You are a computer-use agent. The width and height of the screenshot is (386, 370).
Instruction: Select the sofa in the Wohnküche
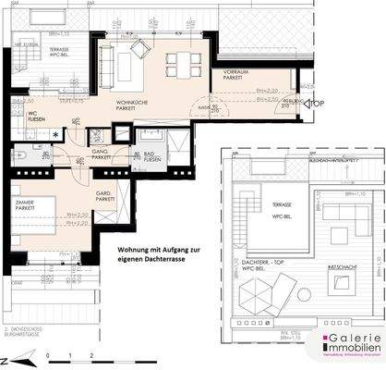103,62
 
